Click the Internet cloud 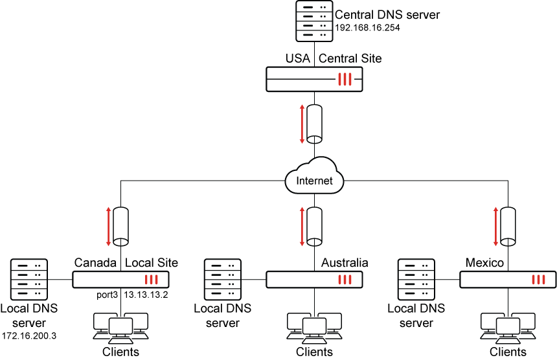point(314,176)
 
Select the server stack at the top point(314,21)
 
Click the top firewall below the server point(314,79)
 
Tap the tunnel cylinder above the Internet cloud point(315,122)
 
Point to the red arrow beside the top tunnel point(302,123)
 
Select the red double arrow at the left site point(109,226)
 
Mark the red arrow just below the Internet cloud point(302,226)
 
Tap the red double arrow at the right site point(495,226)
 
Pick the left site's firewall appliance point(120,280)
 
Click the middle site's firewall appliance point(314,280)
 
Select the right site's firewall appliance point(508,280)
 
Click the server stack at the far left point(29,279)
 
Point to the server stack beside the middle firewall point(223,279)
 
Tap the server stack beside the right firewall point(416,279)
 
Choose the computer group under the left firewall point(120,327)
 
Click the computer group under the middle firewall point(314,327)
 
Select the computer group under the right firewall point(508,327)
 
